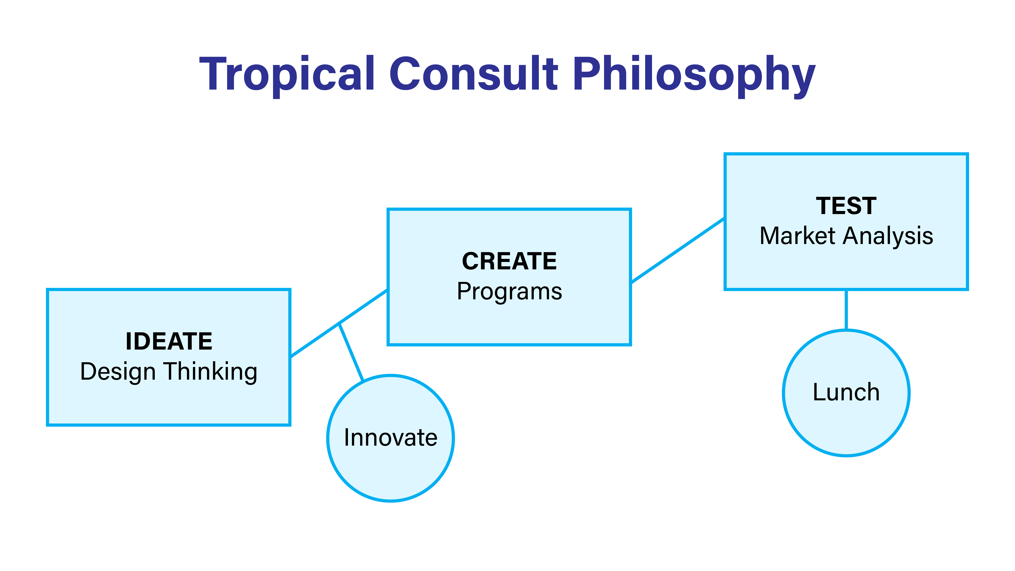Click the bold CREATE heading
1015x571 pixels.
point(510,261)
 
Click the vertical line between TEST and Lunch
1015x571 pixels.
point(846,310)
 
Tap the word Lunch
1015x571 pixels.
point(846,392)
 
